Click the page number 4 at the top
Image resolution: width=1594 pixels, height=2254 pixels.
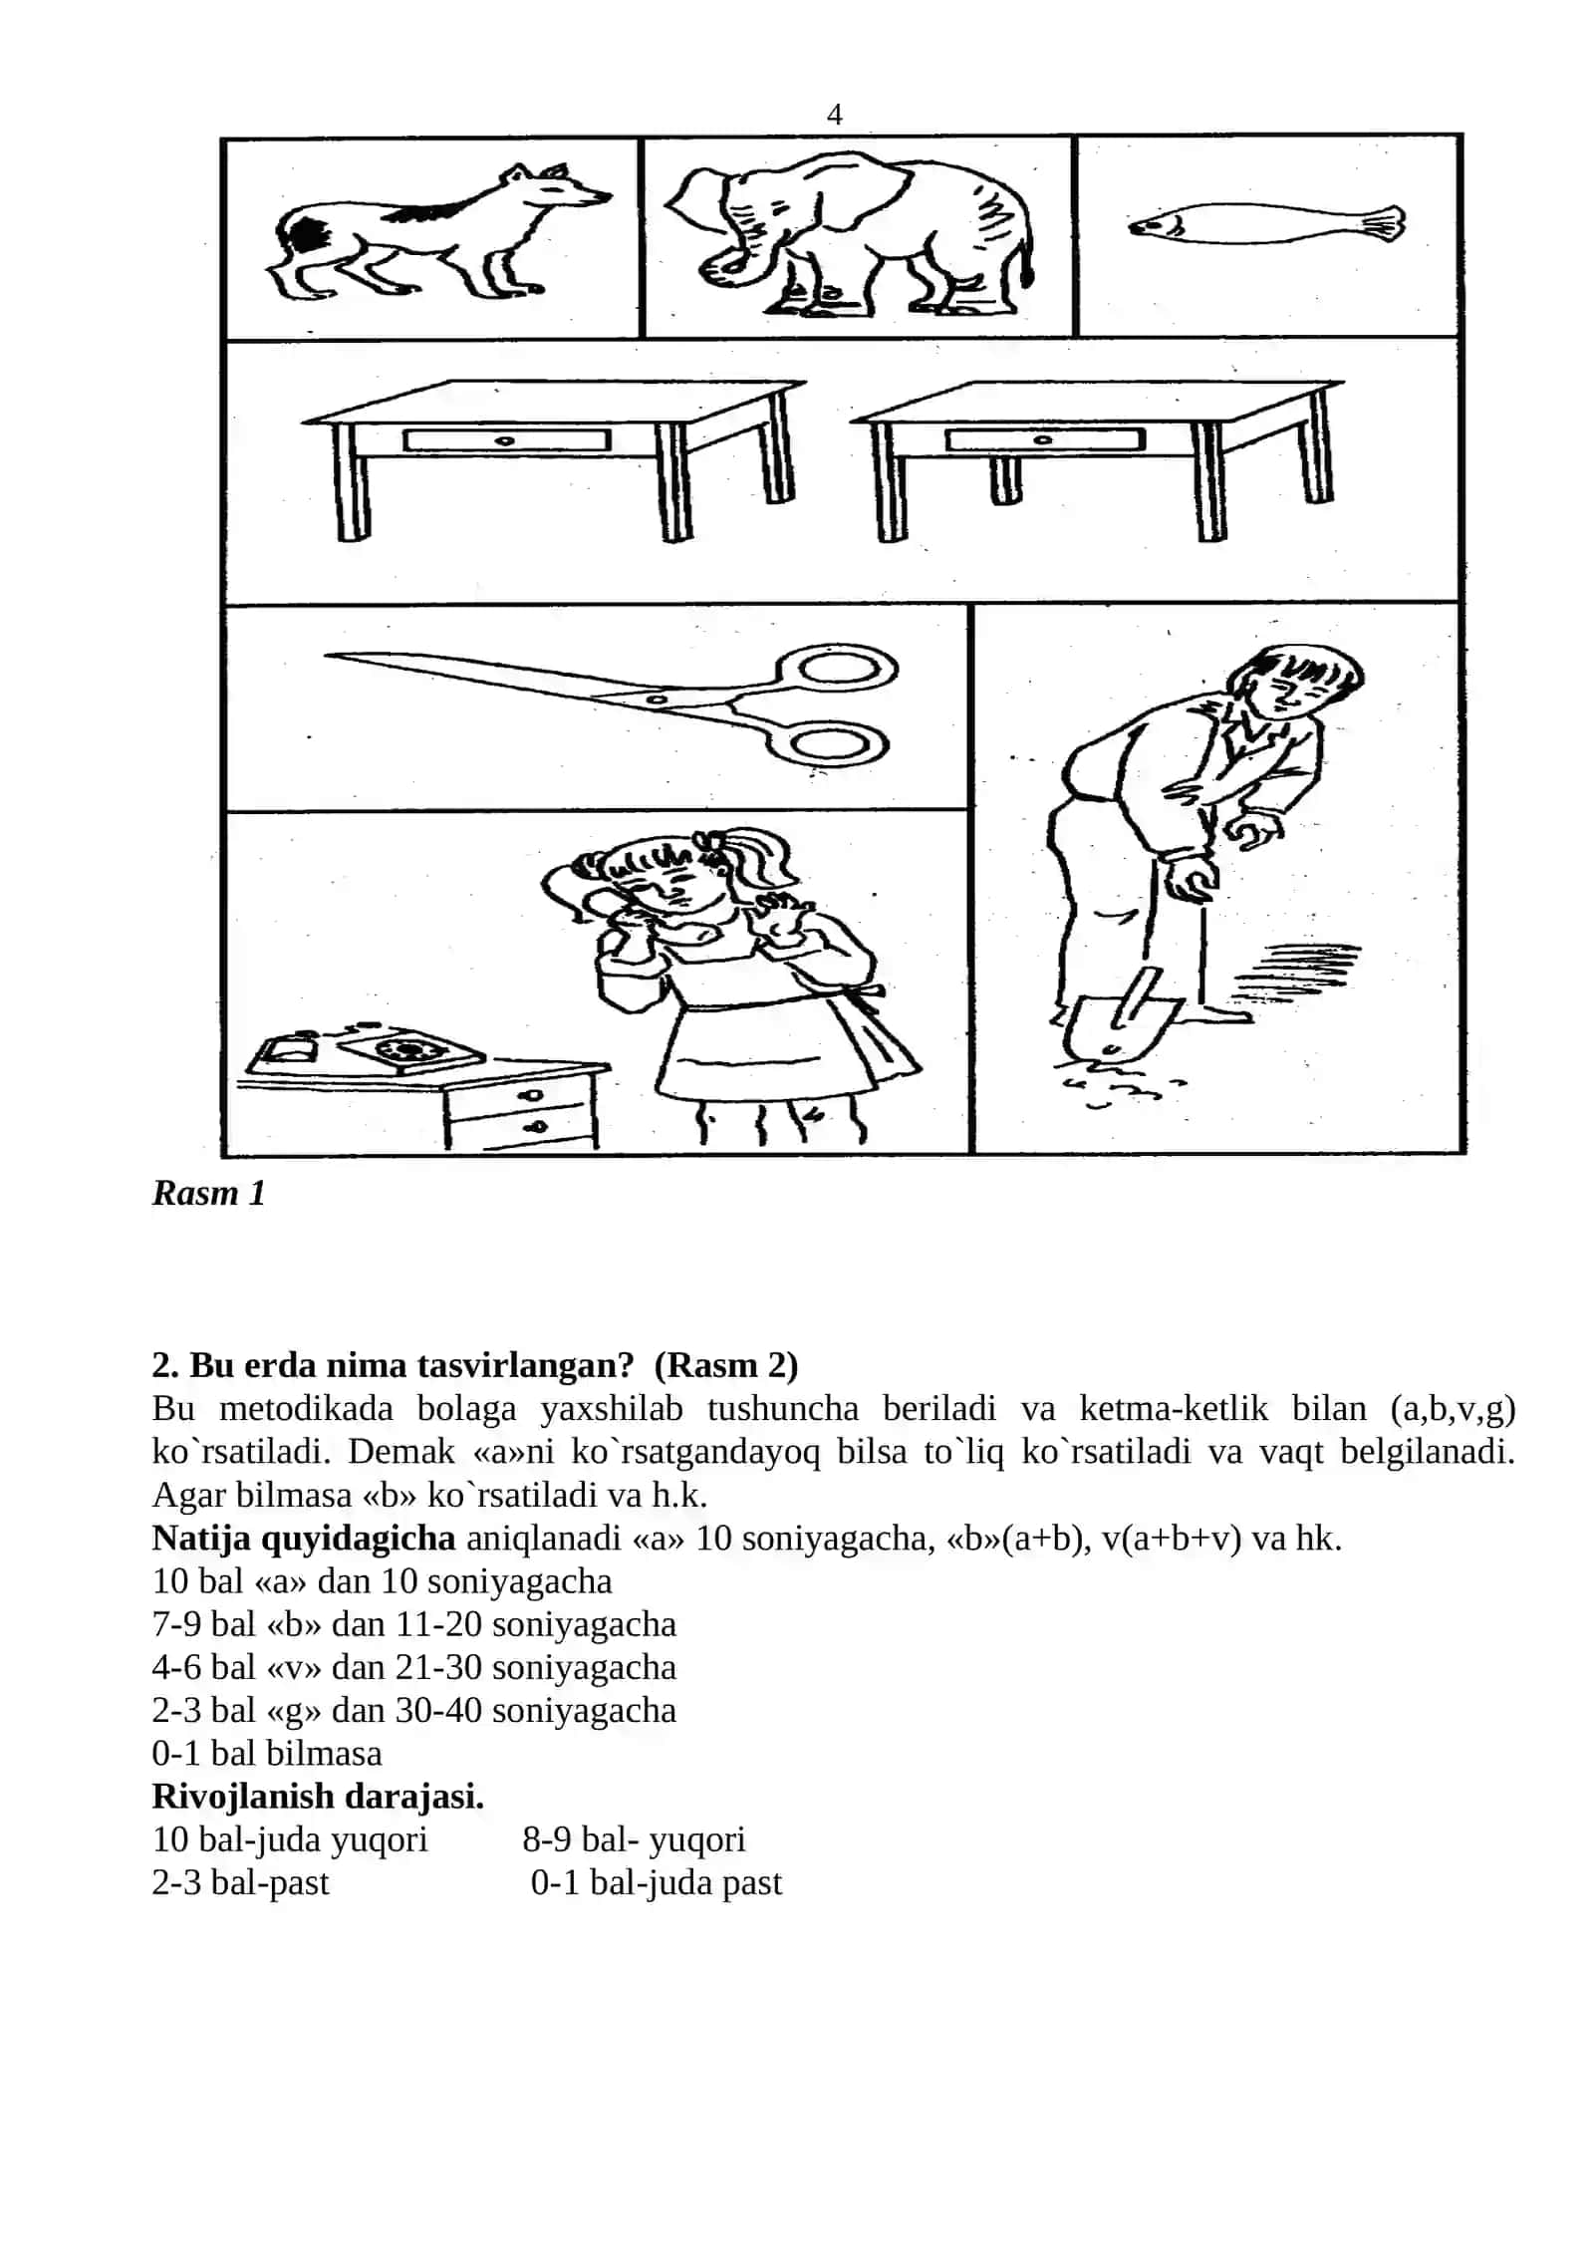(834, 115)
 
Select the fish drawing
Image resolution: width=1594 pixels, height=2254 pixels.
(1265, 223)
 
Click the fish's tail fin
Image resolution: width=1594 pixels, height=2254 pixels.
(1385, 223)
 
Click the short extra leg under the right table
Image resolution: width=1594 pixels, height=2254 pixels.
(1005, 479)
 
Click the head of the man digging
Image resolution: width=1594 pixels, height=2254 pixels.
(1294, 679)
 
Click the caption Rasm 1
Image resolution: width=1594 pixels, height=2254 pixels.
(208, 1193)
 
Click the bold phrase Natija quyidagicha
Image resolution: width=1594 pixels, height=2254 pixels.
(304, 1539)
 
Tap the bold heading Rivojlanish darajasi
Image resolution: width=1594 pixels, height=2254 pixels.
(318, 1796)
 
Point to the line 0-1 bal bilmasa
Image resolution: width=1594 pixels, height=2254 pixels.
(267, 1753)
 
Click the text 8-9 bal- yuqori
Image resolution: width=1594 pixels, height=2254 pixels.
(634, 1839)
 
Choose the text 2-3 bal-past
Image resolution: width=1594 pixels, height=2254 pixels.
(240, 1882)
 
